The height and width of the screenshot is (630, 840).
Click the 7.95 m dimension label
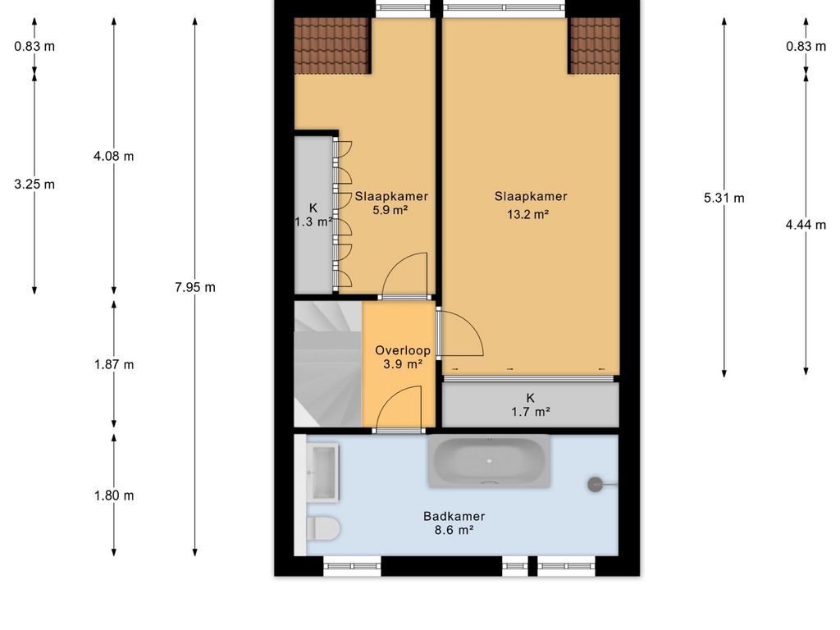pos(195,287)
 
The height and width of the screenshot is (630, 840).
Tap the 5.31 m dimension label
pos(724,198)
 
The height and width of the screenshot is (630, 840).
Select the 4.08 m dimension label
pos(113,156)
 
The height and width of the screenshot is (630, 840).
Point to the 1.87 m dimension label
pos(113,364)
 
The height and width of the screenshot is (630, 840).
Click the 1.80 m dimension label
pos(113,495)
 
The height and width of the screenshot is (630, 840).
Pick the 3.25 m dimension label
pos(34,185)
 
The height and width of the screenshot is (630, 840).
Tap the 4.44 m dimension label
pos(806,225)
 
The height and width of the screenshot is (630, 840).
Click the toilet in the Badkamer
pos(323,528)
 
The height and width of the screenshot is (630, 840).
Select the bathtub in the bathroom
pos(489,461)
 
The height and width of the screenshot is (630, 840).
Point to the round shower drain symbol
pos(595,484)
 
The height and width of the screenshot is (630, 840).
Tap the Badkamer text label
pos(454,517)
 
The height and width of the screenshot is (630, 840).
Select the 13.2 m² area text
pos(528,214)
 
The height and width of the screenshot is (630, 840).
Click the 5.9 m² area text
pos(390,210)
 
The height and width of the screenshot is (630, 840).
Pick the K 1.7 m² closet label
pos(531,404)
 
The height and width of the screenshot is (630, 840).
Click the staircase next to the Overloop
pos(328,364)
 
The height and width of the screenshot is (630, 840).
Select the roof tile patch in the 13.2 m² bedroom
pos(594,46)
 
